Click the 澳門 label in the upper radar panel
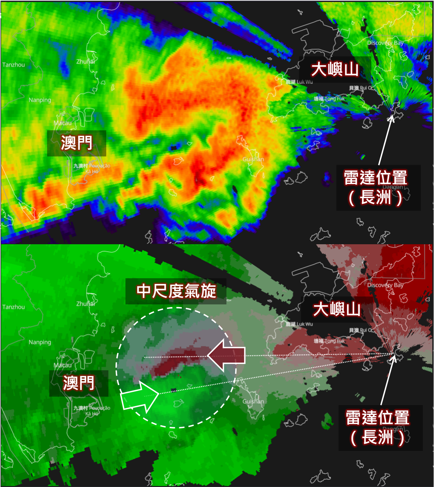click(76, 143)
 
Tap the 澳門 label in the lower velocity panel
click(79, 383)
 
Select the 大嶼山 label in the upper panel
click(334, 69)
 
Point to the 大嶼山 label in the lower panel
click(337, 309)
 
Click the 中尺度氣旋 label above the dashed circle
click(176, 291)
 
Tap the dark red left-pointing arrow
click(227, 355)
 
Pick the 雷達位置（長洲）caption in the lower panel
click(378, 427)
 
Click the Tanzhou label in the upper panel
click(14, 65)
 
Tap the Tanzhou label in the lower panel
click(14, 307)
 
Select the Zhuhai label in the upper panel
click(86, 62)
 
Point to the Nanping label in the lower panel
click(40, 342)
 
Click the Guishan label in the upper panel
click(253, 159)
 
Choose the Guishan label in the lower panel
click(253, 402)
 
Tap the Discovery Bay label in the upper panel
click(385, 43)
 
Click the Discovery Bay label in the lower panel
click(385, 285)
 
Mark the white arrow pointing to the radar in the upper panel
click(385, 140)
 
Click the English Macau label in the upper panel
click(62, 123)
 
